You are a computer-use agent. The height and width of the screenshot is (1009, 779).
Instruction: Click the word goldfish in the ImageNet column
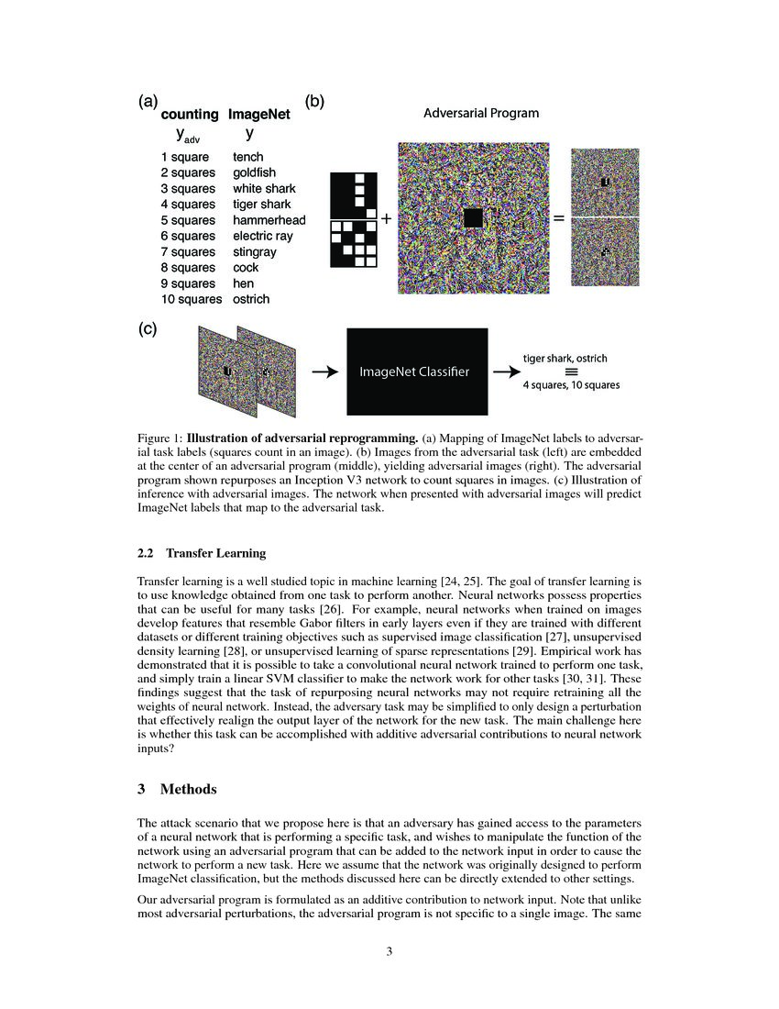coord(254,172)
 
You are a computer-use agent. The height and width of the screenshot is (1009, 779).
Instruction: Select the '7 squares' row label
coord(188,251)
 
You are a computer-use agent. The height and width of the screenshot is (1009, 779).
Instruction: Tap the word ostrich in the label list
coord(251,299)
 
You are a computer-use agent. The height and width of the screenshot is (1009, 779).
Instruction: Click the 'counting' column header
coord(190,115)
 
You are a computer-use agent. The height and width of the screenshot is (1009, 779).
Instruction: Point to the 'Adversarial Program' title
coord(480,114)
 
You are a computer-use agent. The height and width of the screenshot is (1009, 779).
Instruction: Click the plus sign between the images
coord(386,219)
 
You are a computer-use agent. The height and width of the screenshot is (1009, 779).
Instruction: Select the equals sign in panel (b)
coord(557,219)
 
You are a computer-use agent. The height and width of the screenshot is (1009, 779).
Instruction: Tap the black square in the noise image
coord(473,218)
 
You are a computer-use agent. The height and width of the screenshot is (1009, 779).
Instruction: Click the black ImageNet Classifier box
coord(417,371)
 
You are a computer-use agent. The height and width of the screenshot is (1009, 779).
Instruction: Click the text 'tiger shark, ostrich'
coord(565,358)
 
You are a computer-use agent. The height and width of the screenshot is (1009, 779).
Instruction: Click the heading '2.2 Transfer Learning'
coord(202,553)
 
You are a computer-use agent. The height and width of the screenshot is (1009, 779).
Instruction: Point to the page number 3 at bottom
coord(389,951)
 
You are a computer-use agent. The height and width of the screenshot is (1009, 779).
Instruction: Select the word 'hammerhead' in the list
coord(269,220)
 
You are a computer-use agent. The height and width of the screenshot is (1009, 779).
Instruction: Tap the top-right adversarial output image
coord(605,181)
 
